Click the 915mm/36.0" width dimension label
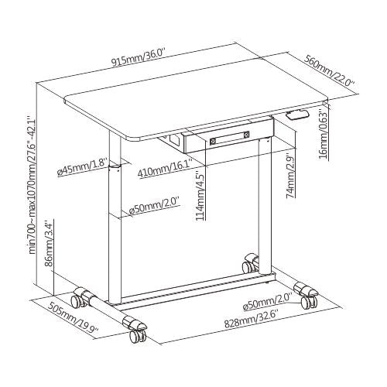(139, 58)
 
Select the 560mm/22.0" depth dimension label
(330, 71)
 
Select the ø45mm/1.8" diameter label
(82, 167)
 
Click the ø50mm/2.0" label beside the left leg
(154, 206)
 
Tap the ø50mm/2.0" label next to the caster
(268, 302)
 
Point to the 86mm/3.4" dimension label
(49, 243)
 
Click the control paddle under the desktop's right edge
(297, 115)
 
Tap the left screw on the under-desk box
(213, 141)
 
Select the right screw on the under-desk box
(246, 134)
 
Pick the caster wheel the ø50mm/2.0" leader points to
(309, 302)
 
